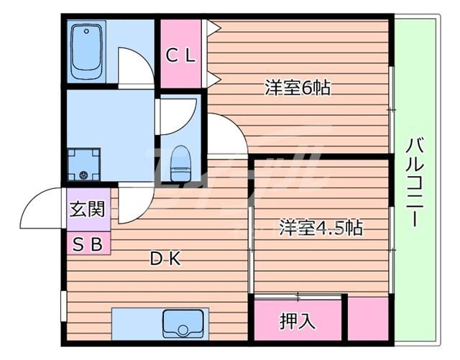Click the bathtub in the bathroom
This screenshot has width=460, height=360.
pyautogui.click(x=86, y=52)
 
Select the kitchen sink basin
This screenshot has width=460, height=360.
pyautogui.click(x=183, y=323)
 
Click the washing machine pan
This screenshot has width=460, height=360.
pyautogui.click(x=84, y=165)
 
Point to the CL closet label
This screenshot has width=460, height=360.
pyautogui.click(x=180, y=55)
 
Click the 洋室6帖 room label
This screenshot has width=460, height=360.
pyautogui.click(x=298, y=88)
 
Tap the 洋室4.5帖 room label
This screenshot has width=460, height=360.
pyautogui.click(x=321, y=227)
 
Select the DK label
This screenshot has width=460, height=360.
pyautogui.click(x=165, y=259)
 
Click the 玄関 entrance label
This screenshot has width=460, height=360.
pyautogui.click(x=87, y=209)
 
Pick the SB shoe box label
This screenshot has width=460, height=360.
pyautogui.click(x=88, y=244)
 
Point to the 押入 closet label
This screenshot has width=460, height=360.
pyautogui.click(x=297, y=320)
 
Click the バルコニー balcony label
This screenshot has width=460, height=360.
pyautogui.click(x=415, y=182)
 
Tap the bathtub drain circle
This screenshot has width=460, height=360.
pyautogui.click(x=86, y=31)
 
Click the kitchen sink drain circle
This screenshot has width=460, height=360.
pyautogui.click(x=183, y=330)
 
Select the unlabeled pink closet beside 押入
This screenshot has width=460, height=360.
pyautogui.click(x=368, y=319)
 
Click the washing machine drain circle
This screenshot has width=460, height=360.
pyautogui.click(x=84, y=175)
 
